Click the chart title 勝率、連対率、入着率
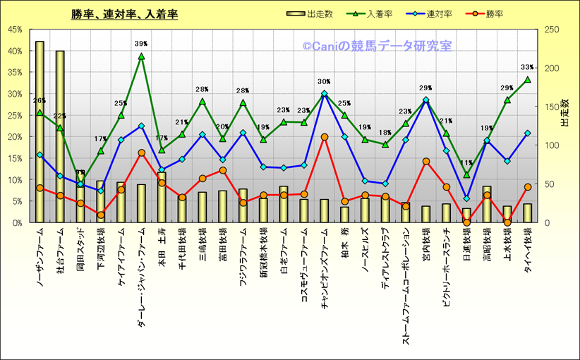point(124,13)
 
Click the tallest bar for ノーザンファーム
point(40,134)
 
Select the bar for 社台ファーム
point(60,138)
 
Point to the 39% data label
point(141,44)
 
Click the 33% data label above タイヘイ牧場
point(527,67)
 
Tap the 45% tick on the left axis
point(14,30)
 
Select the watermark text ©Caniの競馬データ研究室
point(377,46)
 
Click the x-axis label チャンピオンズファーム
point(325,265)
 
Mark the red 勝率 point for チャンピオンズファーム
point(324,137)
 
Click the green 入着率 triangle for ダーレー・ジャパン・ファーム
point(141,56)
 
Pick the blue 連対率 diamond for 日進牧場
point(466,198)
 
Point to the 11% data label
point(466,163)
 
